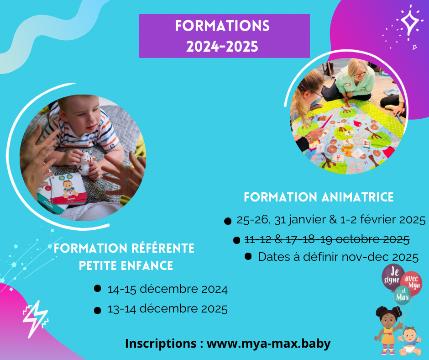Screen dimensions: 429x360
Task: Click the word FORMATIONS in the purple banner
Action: coord(222,26)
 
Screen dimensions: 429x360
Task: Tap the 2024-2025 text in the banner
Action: coord(222,46)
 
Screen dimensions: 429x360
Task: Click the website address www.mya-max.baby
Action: coord(268,344)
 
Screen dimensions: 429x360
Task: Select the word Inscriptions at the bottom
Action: coord(161,344)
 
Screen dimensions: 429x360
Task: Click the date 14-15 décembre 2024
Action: coord(167,289)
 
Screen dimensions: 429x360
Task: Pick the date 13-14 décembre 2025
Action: coord(167,309)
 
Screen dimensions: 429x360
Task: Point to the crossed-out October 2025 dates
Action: coord(327,239)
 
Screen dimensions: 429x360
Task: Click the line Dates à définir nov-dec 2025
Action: coord(338,257)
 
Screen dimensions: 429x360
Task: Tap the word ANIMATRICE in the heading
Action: coord(358,197)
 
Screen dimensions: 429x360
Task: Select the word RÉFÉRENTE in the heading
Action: coord(163,248)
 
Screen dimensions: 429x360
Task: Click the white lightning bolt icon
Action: coord(36,319)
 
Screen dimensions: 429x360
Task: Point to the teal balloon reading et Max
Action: coord(403,296)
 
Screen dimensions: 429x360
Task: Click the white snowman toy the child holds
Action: coord(86,163)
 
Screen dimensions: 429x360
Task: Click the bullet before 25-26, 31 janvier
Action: coord(228,221)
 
